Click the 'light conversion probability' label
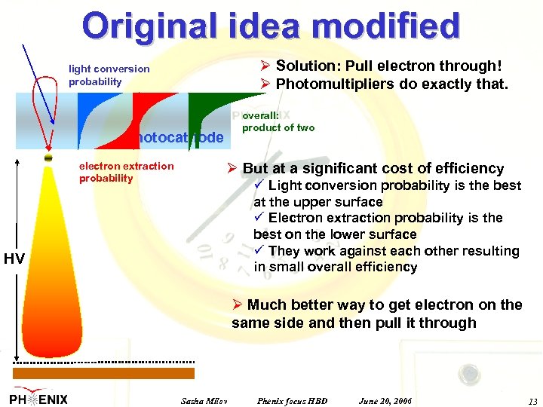(109, 75)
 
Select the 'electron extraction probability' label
(126, 172)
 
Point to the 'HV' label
(14, 259)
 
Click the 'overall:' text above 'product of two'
(261, 116)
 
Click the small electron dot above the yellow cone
(48, 158)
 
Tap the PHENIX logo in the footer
(38, 398)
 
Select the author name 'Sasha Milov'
(204, 399)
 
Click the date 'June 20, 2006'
(385, 399)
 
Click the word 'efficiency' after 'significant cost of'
(463, 168)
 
